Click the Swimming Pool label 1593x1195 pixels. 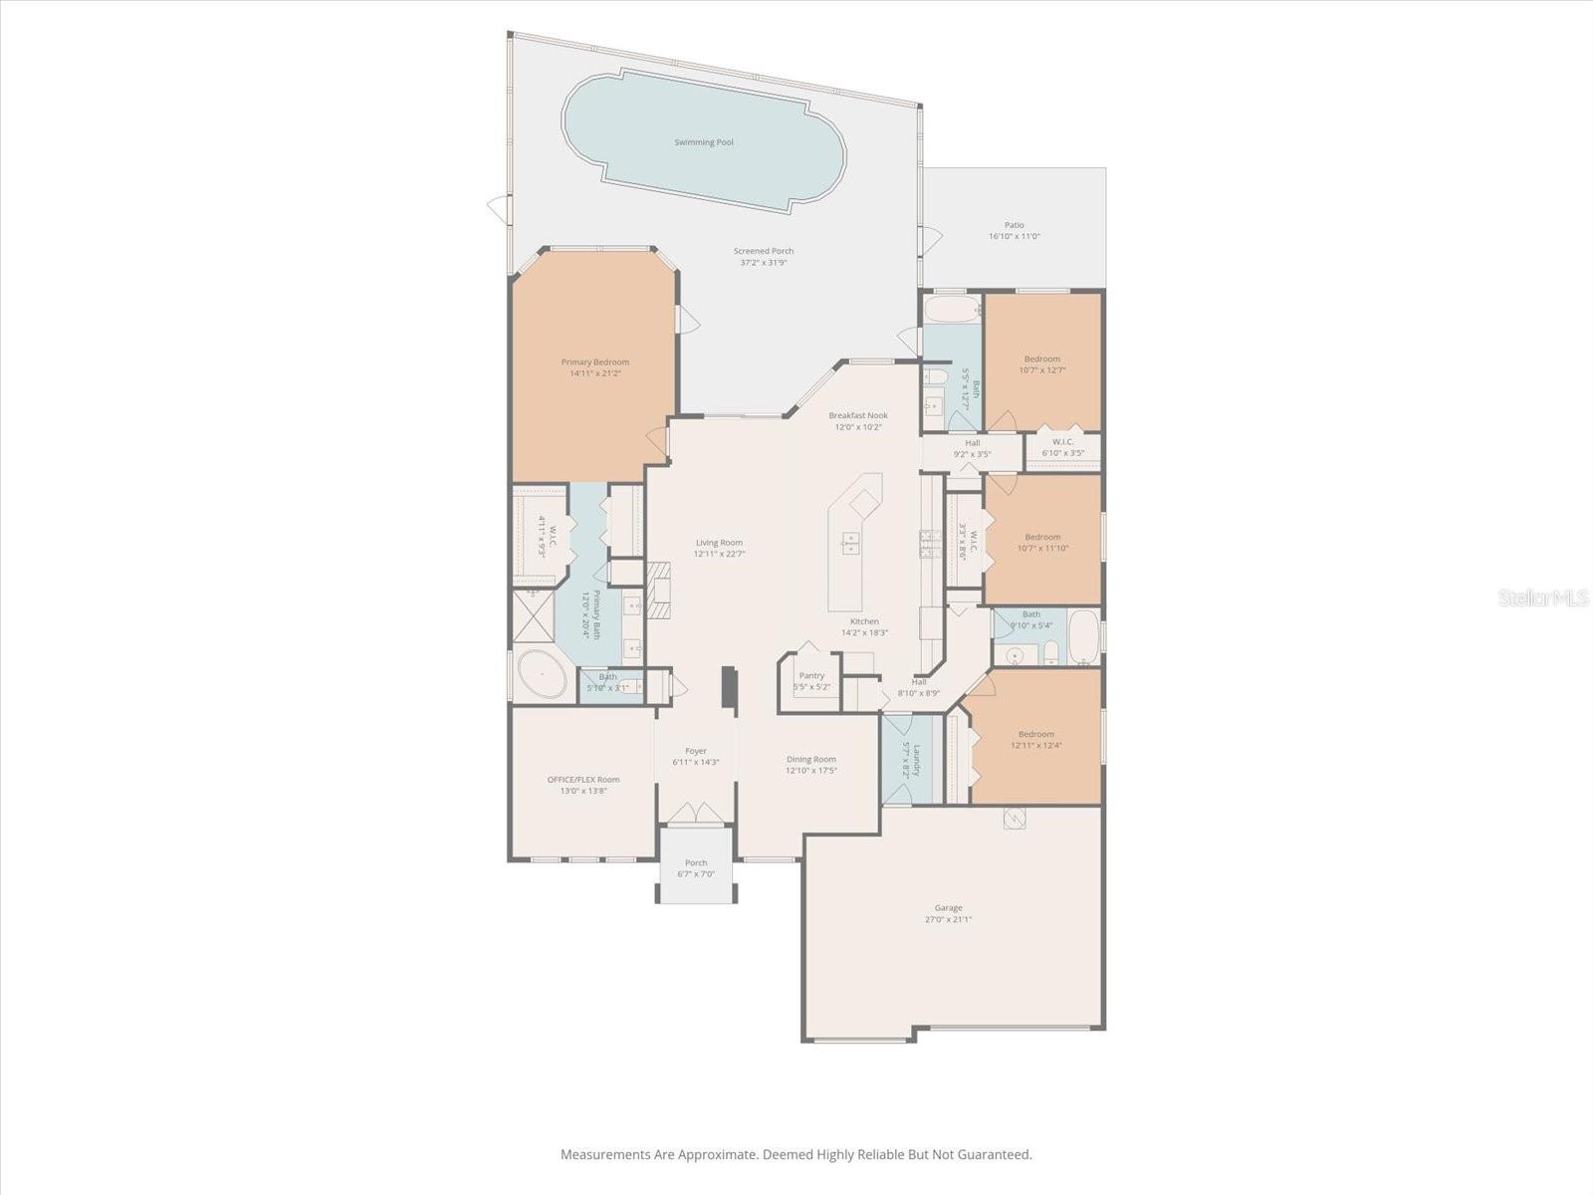(x=704, y=142)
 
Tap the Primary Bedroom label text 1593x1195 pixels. (x=594, y=362)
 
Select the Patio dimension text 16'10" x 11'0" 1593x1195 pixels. (x=1014, y=237)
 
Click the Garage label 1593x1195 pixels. (x=948, y=907)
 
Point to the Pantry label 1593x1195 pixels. (x=811, y=675)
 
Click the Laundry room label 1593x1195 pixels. (x=917, y=761)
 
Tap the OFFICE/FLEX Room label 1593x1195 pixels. (x=583, y=780)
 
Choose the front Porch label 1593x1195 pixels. (x=696, y=863)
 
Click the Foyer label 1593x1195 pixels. (x=696, y=751)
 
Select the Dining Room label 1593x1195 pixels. (x=810, y=759)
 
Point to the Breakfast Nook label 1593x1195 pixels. (x=858, y=415)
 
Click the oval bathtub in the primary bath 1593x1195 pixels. (x=541, y=675)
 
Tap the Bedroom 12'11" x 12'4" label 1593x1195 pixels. (x=1035, y=734)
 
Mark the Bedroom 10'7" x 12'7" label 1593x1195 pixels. (x=1042, y=358)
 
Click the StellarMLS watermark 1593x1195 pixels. (x=1542, y=597)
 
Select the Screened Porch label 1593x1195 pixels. (x=764, y=251)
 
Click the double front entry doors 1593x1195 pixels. (x=696, y=813)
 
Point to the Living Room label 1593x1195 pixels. (x=719, y=543)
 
